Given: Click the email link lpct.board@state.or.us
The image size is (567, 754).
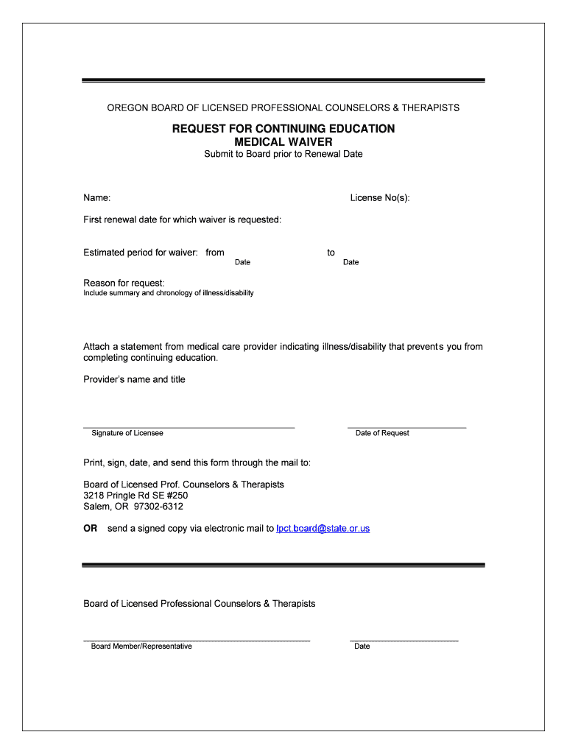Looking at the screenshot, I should click(x=323, y=529).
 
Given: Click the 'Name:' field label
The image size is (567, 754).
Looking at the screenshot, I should click(x=97, y=198).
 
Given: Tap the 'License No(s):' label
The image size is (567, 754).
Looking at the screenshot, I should click(x=380, y=198).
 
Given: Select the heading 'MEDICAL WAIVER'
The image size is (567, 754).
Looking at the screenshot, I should click(x=283, y=141).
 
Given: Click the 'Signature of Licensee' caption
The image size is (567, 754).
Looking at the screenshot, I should click(x=127, y=433).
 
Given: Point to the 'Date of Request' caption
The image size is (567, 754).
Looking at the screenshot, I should click(x=382, y=433).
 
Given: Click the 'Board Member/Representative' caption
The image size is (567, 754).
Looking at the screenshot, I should click(x=141, y=646).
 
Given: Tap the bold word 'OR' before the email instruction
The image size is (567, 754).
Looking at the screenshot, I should click(x=91, y=529).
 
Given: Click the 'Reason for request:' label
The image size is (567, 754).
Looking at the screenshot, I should click(x=124, y=283).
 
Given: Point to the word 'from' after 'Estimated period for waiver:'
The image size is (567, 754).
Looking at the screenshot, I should click(x=215, y=253).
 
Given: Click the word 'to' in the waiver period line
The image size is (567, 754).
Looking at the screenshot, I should click(x=331, y=253).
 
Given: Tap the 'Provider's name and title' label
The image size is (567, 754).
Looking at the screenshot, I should click(x=134, y=380).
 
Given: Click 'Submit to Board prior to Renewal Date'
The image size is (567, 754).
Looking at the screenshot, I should click(x=283, y=155).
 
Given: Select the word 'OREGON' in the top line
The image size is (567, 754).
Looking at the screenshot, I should click(x=127, y=108).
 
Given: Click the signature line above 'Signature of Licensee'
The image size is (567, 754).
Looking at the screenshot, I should click(x=189, y=428).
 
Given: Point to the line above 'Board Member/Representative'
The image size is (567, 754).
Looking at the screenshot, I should click(x=197, y=641).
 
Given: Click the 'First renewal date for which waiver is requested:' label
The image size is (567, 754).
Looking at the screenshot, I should click(x=182, y=220).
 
